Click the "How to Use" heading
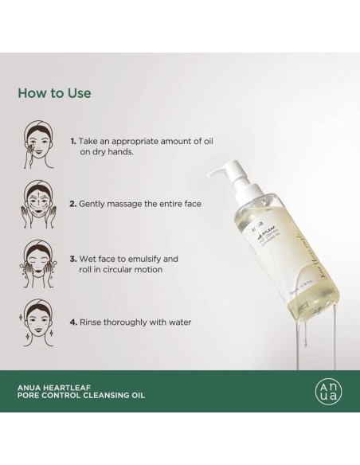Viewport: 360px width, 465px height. click(54, 93)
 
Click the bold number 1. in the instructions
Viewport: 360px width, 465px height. click(72, 139)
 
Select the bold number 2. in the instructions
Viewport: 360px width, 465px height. click(72, 203)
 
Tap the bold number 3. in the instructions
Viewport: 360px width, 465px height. click(72, 259)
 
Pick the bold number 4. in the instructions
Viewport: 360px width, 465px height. click(72, 322)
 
